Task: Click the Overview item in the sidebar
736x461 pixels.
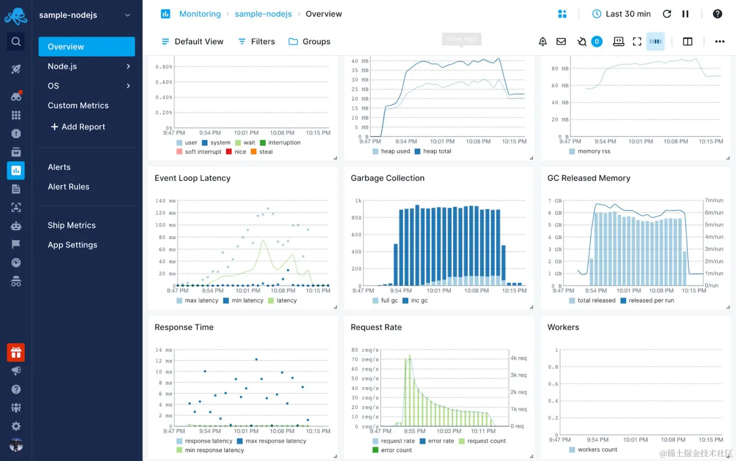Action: click(86, 47)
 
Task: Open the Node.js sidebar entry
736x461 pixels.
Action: click(86, 66)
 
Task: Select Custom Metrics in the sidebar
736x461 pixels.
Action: click(78, 105)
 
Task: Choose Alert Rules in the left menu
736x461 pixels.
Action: click(69, 187)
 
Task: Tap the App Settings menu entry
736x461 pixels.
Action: click(72, 245)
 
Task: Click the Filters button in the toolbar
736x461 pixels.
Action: click(256, 41)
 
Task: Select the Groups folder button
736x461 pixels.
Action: click(309, 41)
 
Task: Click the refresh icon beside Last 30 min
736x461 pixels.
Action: click(667, 14)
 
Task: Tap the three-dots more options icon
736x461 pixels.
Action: click(719, 41)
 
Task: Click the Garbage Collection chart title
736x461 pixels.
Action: click(387, 178)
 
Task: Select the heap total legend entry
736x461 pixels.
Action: click(437, 151)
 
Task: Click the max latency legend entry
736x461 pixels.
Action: click(201, 300)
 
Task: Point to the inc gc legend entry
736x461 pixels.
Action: click(419, 300)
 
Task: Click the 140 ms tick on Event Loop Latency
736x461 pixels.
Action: click(165, 201)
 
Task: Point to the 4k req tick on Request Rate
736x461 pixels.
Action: click(518, 358)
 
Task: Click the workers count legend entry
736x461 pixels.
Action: click(597, 449)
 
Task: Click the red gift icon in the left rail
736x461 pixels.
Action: click(16, 353)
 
